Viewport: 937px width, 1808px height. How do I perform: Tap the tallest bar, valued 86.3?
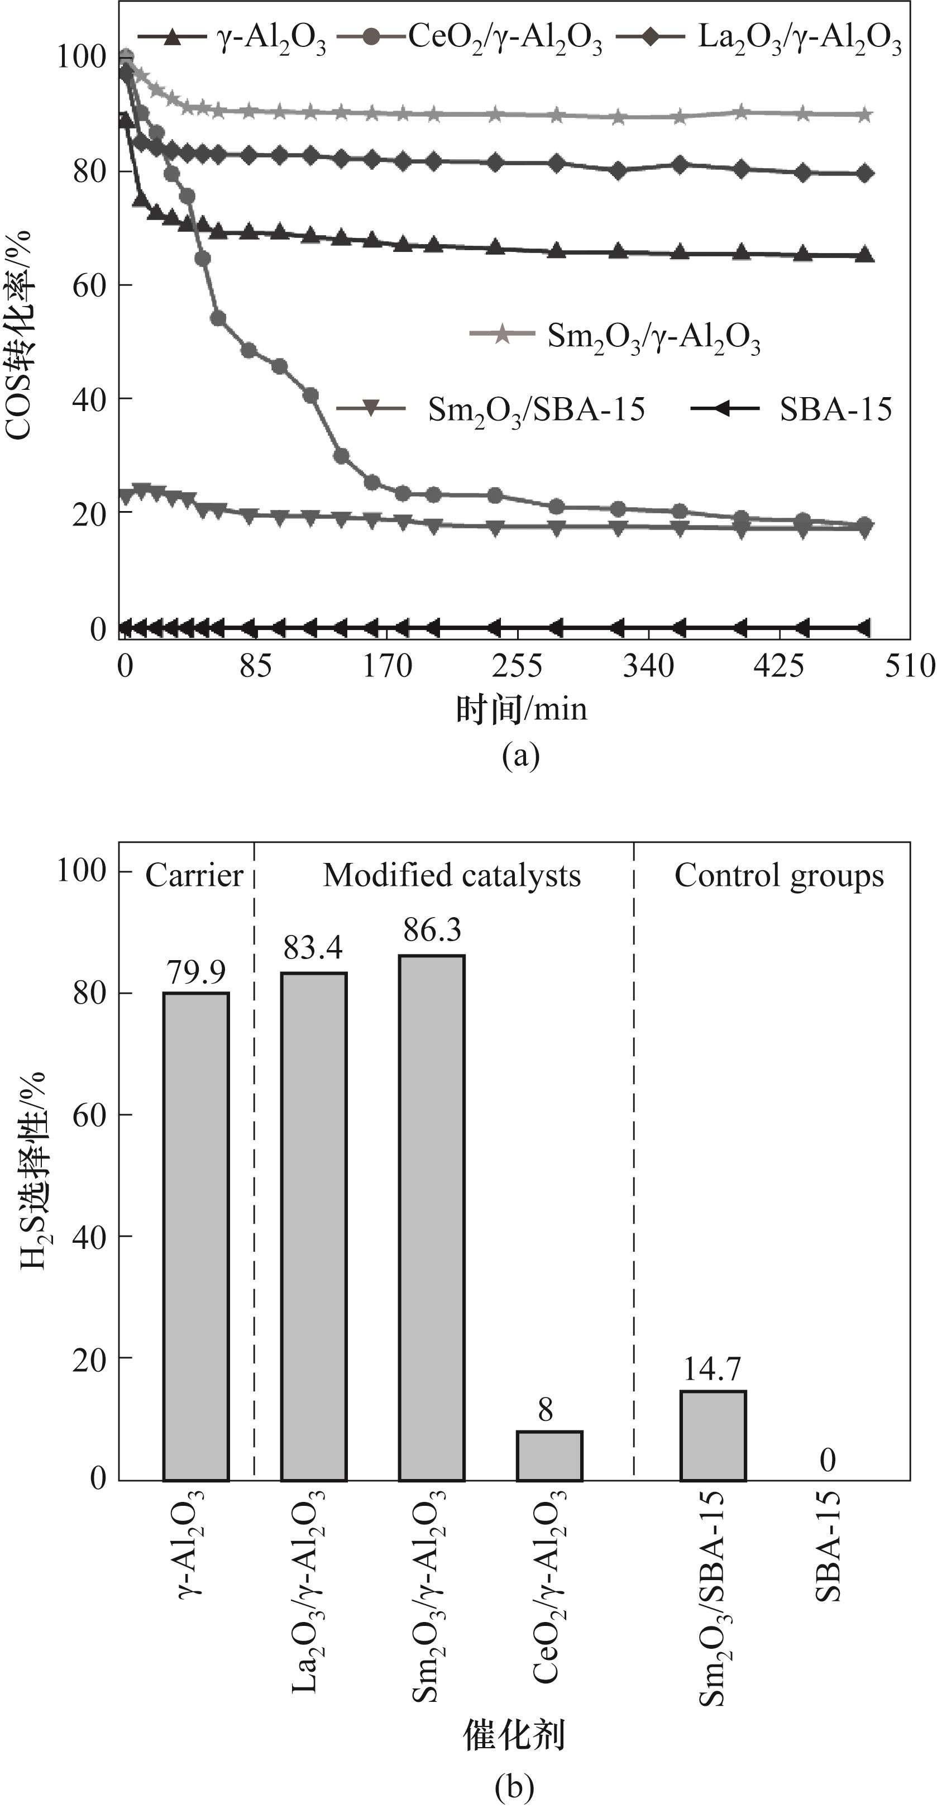coord(432,1218)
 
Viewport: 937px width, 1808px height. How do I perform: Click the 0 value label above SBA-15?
coord(828,1461)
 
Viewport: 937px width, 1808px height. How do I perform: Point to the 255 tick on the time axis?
coord(517,665)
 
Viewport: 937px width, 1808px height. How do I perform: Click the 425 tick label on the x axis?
coord(778,665)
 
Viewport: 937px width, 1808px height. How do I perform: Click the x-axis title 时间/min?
coord(521,709)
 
